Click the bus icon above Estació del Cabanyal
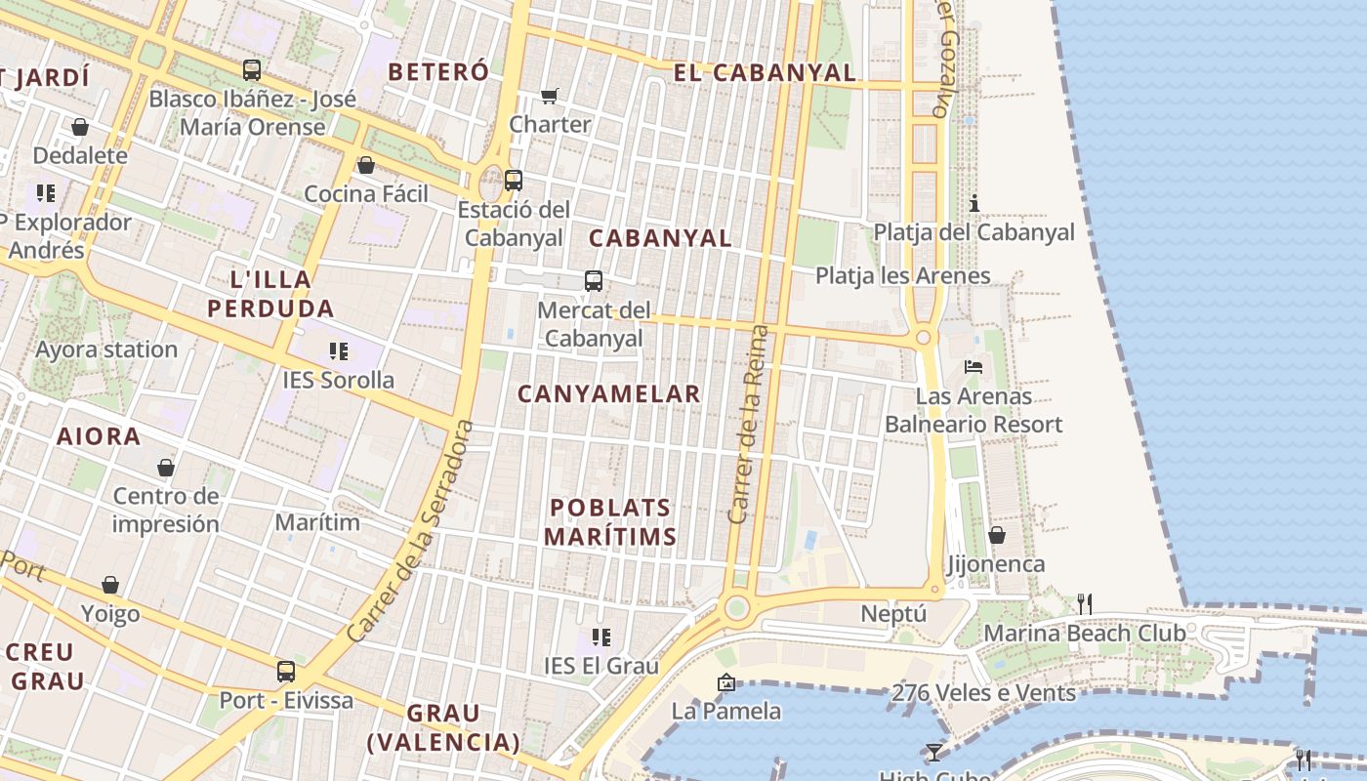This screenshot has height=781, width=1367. tap(514, 181)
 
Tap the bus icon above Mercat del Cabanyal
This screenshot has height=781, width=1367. tap(594, 281)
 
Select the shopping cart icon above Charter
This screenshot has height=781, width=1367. tap(550, 96)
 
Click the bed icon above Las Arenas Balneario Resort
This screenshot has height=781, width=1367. tap(973, 367)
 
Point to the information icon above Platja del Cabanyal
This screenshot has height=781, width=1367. tap(973, 203)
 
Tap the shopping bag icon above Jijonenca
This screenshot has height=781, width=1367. tap(997, 535)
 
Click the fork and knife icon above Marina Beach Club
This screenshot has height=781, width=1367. tap(1084, 604)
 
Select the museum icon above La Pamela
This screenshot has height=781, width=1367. tap(725, 682)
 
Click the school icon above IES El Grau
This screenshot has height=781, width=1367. tap(601, 637)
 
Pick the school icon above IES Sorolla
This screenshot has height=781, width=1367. tap(339, 351)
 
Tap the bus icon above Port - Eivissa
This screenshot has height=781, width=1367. tap(286, 672)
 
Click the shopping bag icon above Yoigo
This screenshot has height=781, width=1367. tap(110, 585)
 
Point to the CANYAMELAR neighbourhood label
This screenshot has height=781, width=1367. tap(608, 394)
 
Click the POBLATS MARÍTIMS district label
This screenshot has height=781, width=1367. tap(610, 522)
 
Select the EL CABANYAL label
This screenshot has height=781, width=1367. tap(765, 72)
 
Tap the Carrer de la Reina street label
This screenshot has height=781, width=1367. tap(749, 424)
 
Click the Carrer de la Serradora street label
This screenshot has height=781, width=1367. tap(410, 532)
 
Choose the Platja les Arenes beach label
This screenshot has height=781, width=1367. tap(902, 276)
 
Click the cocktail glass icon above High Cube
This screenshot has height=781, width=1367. tap(934, 752)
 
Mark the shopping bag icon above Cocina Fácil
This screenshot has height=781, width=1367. tap(366, 165)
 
